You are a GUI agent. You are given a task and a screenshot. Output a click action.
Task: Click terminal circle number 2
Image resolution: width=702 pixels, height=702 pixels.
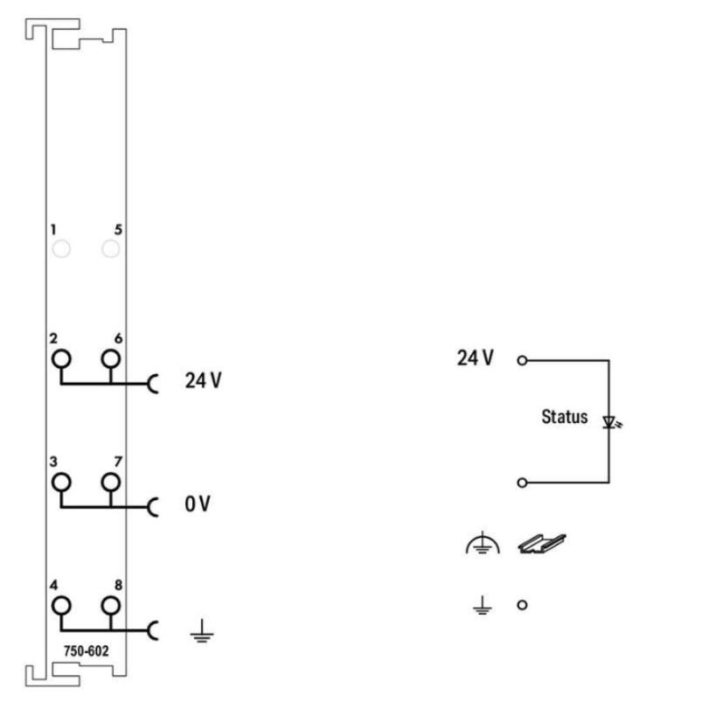(x=61, y=358)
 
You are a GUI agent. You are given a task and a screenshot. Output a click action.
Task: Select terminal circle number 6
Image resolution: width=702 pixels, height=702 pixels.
(x=110, y=358)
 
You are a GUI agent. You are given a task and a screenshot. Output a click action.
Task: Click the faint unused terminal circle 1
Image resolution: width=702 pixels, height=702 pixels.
(x=61, y=251)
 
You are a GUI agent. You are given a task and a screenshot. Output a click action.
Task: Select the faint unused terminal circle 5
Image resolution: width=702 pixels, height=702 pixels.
(x=110, y=251)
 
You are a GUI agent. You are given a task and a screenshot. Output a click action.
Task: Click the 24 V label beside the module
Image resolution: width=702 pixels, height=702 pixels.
(x=202, y=382)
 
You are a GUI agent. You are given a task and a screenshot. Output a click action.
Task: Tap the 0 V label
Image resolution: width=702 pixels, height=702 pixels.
(x=198, y=505)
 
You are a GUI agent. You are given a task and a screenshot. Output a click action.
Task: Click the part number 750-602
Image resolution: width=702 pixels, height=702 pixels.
(x=86, y=651)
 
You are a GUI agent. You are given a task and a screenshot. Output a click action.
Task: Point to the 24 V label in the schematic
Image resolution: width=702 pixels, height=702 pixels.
(x=476, y=358)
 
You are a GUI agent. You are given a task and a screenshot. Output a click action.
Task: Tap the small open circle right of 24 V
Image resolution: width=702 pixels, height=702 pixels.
(x=522, y=359)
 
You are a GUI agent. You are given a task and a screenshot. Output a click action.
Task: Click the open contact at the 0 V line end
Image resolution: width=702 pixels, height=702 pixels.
(x=522, y=482)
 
